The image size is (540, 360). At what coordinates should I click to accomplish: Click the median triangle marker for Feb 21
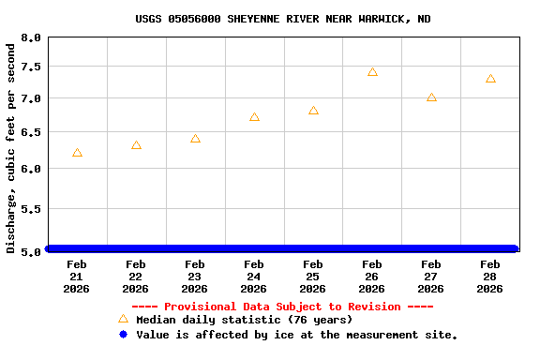coord(77,153)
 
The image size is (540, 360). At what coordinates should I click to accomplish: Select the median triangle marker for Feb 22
coord(136,145)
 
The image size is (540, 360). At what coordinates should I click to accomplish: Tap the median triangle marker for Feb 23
coord(195,139)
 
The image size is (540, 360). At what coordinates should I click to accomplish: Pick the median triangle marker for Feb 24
coord(254,117)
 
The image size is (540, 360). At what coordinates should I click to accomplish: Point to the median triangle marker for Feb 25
coord(313,111)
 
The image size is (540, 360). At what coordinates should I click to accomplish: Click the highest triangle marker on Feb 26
coord(372,72)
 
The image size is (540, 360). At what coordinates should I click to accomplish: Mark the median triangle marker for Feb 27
coord(431,97)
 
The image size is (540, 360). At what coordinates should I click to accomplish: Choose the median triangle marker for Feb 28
coord(490,79)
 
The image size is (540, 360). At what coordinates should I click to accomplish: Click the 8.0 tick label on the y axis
coord(31,37)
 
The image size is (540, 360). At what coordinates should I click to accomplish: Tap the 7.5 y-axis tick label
coord(31,67)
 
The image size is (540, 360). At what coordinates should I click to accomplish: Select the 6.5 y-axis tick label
coord(31,132)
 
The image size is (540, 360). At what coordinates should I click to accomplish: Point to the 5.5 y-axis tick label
coord(31,209)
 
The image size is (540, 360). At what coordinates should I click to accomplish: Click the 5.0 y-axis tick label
coord(31,251)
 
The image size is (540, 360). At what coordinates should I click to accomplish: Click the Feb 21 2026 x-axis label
coord(77,277)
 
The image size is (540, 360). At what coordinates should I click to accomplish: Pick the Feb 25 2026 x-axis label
coord(313,277)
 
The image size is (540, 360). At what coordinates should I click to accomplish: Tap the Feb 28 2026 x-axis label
coord(490,277)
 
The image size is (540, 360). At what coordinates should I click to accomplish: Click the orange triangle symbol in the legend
coord(123,319)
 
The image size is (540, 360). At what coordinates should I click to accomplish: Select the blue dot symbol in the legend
coord(123,335)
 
